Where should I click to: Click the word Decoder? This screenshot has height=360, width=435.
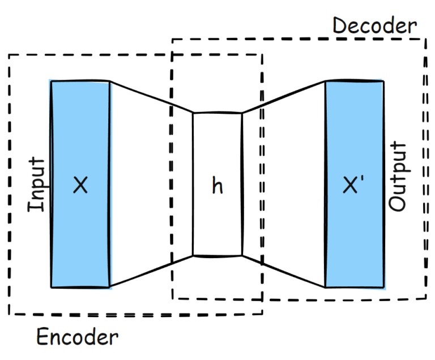pos(374,25)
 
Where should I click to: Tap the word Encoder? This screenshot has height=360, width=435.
pos(78,337)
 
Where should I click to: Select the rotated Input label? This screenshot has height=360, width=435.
pos(36,185)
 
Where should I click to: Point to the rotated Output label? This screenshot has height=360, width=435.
pos(398,177)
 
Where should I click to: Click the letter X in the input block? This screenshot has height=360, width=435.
pos(80,185)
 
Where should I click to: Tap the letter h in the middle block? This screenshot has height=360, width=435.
pos(217,186)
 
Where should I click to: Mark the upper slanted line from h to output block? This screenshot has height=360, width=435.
pos(283,97)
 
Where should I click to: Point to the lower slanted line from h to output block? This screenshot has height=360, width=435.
pos(283,272)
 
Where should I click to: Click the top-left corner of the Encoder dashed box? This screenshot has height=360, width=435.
pos(9,55)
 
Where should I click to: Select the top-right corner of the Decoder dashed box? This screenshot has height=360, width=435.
pos(426,39)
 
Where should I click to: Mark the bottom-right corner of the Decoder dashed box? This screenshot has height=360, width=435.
pos(426,298)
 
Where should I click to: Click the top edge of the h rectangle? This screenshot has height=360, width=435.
pos(217,113)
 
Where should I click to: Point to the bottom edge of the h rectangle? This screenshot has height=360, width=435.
pos(217,256)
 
